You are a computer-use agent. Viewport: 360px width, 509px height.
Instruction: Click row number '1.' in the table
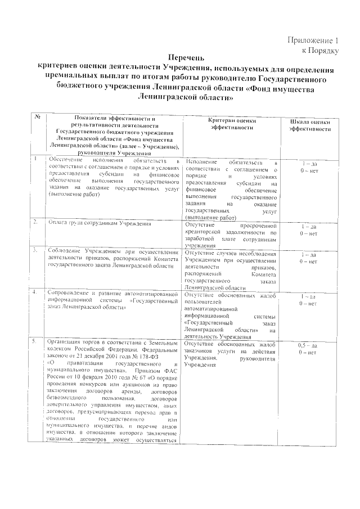click(35, 159)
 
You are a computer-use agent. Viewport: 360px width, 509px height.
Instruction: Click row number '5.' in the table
click(35, 340)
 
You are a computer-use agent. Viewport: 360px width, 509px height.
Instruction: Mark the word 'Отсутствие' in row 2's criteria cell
click(201, 224)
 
